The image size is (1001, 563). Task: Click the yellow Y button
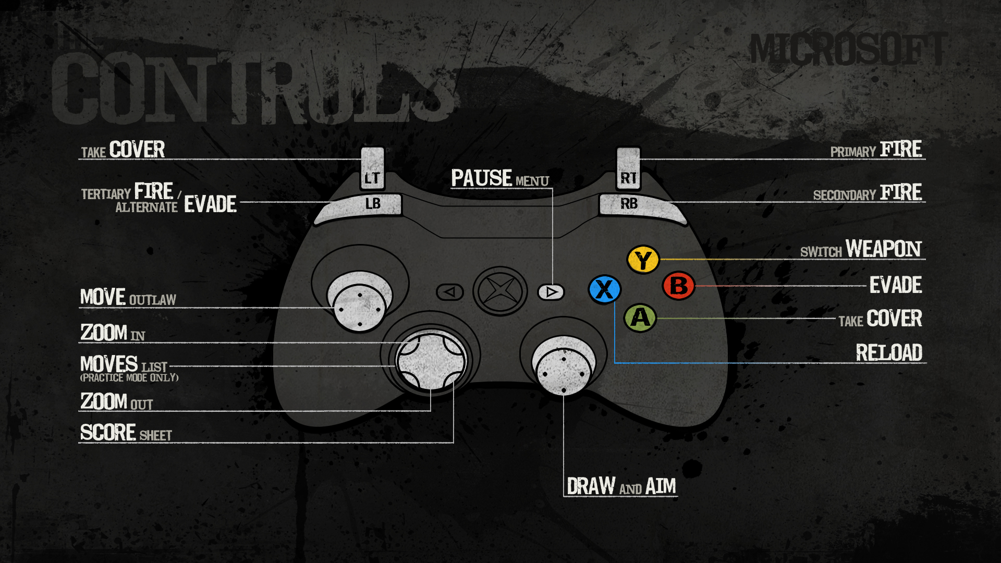pyautogui.click(x=643, y=259)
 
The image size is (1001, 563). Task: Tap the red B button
pyautogui.click(x=678, y=286)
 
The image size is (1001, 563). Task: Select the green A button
pyautogui.click(x=640, y=317)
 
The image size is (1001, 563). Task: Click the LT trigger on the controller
pyautogui.click(x=372, y=169)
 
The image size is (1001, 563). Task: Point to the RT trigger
pyautogui.click(x=628, y=169)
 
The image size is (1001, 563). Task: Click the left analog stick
pyautogui.click(x=359, y=302)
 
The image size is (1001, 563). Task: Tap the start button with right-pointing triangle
pyautogui.click(x=551, y=292)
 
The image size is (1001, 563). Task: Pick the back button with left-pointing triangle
pyautogui.click(x=450, y=292)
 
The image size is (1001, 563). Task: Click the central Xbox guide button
pyautogui.click(x=500, y=291)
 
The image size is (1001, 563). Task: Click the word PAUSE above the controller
pyautogui.click(x=481, y=178)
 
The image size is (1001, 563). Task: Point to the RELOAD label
pyautogui.click(x=889, y=353)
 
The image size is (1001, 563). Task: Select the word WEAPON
pyautogui.click(x=883, y=249)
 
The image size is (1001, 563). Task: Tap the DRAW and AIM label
pyautogui.click(x=621, y=486)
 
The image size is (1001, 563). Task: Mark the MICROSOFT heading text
pyautogui.click(x=848, y=50)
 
